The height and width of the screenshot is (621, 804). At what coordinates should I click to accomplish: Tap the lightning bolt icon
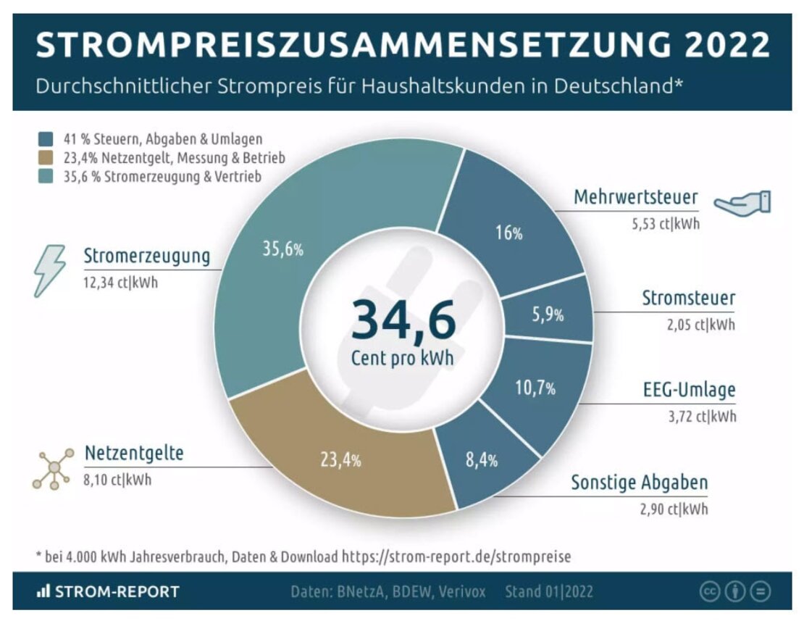pos(51,270)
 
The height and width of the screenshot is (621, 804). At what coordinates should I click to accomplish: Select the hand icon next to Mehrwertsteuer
pos(743,202)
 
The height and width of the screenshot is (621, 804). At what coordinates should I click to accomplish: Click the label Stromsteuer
pos(688,298)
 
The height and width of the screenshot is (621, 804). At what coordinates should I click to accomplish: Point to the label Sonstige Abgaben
pos(639,483)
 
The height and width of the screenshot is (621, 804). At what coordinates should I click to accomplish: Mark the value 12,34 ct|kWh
pos(120,283)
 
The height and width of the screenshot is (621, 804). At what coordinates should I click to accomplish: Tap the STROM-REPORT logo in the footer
pos(108,591)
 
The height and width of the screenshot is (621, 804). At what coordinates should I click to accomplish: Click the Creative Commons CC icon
pos(708,591)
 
